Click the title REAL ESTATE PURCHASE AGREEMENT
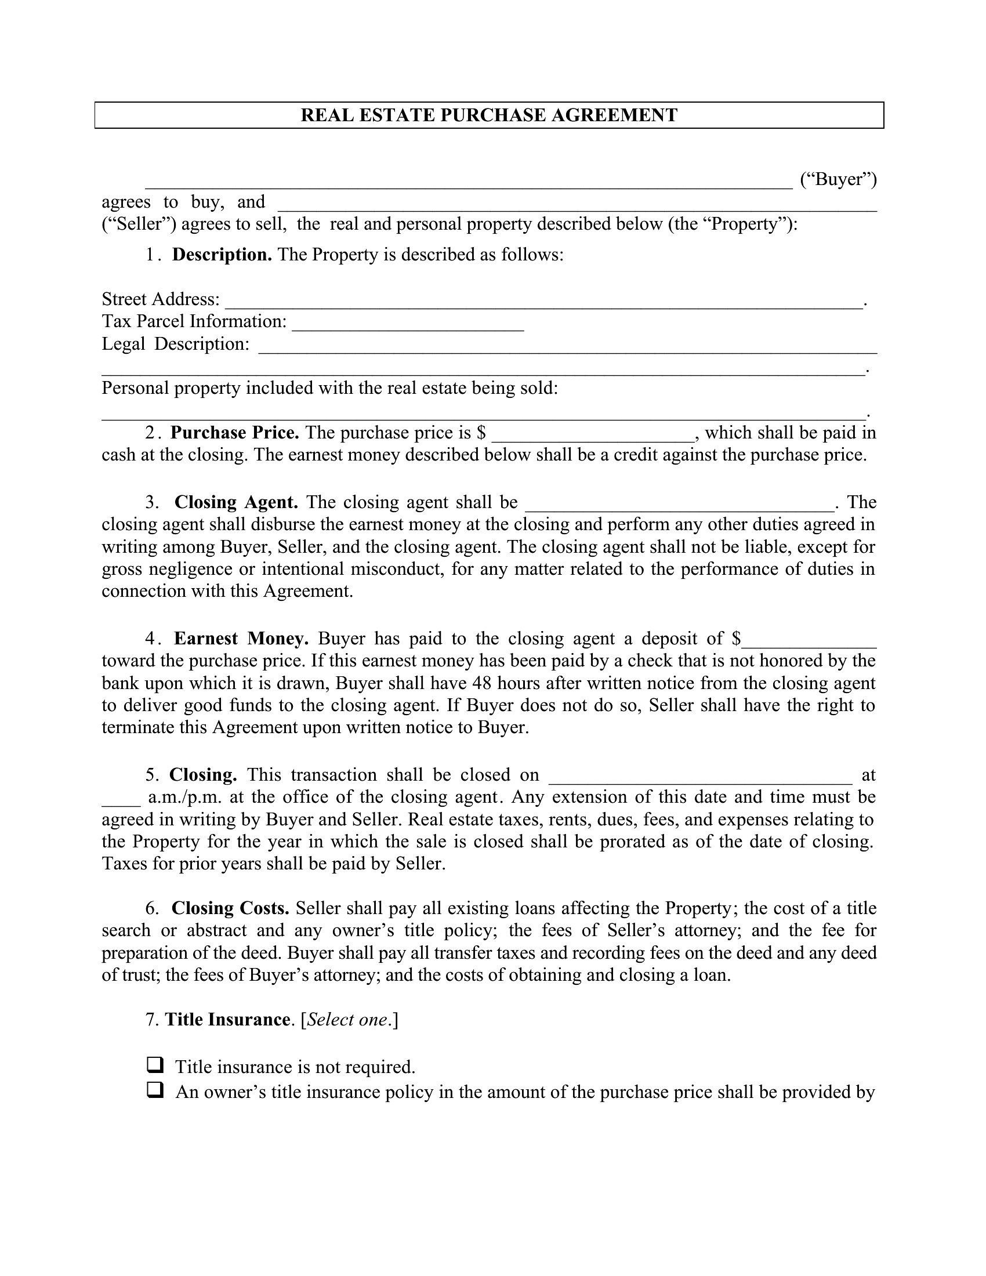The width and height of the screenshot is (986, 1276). pyautogui.click(x=489, y=115)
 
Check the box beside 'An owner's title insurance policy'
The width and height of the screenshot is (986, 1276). pyautogui.click(x=154, y=1090)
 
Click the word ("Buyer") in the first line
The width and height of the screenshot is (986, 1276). pyautogui.click(x=838, y=179)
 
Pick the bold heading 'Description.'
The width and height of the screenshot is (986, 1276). pyautogui.click(x=222, y=255)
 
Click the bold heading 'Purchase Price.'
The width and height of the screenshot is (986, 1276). pyautogui.click(x=235, y=433)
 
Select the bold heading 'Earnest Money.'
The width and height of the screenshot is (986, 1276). pyautogui.click(x=241, y=639)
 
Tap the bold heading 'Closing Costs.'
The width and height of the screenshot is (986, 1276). pyautogui.click(x=231, y=908)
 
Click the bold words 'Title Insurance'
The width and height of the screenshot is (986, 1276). pyautogui.click(x=227, y=1020)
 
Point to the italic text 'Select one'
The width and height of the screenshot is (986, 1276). pyautogui.click(x=347, y=1020)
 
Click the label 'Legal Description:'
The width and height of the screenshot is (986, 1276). pyautogui.click(x=176, y=344)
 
